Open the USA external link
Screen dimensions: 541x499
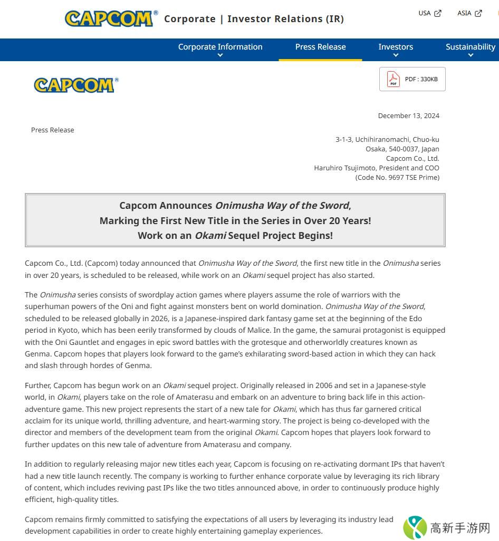pos(429,13)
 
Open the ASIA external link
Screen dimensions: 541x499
pos(469,13)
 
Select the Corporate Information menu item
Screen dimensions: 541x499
pos(220,47)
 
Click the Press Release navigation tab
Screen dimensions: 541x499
pos(320,47)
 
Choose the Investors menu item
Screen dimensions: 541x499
pos(396,47)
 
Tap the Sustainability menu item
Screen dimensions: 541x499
pos(470,47)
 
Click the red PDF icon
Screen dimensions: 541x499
pos(393,79)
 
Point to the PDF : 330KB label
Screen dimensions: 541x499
pos(421,79)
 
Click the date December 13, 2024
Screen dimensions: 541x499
pos(408,116)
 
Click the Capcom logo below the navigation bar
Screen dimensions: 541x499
pos(76,85)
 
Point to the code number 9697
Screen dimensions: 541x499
pos(396,178)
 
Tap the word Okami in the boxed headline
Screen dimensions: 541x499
pos(210,236)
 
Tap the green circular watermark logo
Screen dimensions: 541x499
pos(415,528)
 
